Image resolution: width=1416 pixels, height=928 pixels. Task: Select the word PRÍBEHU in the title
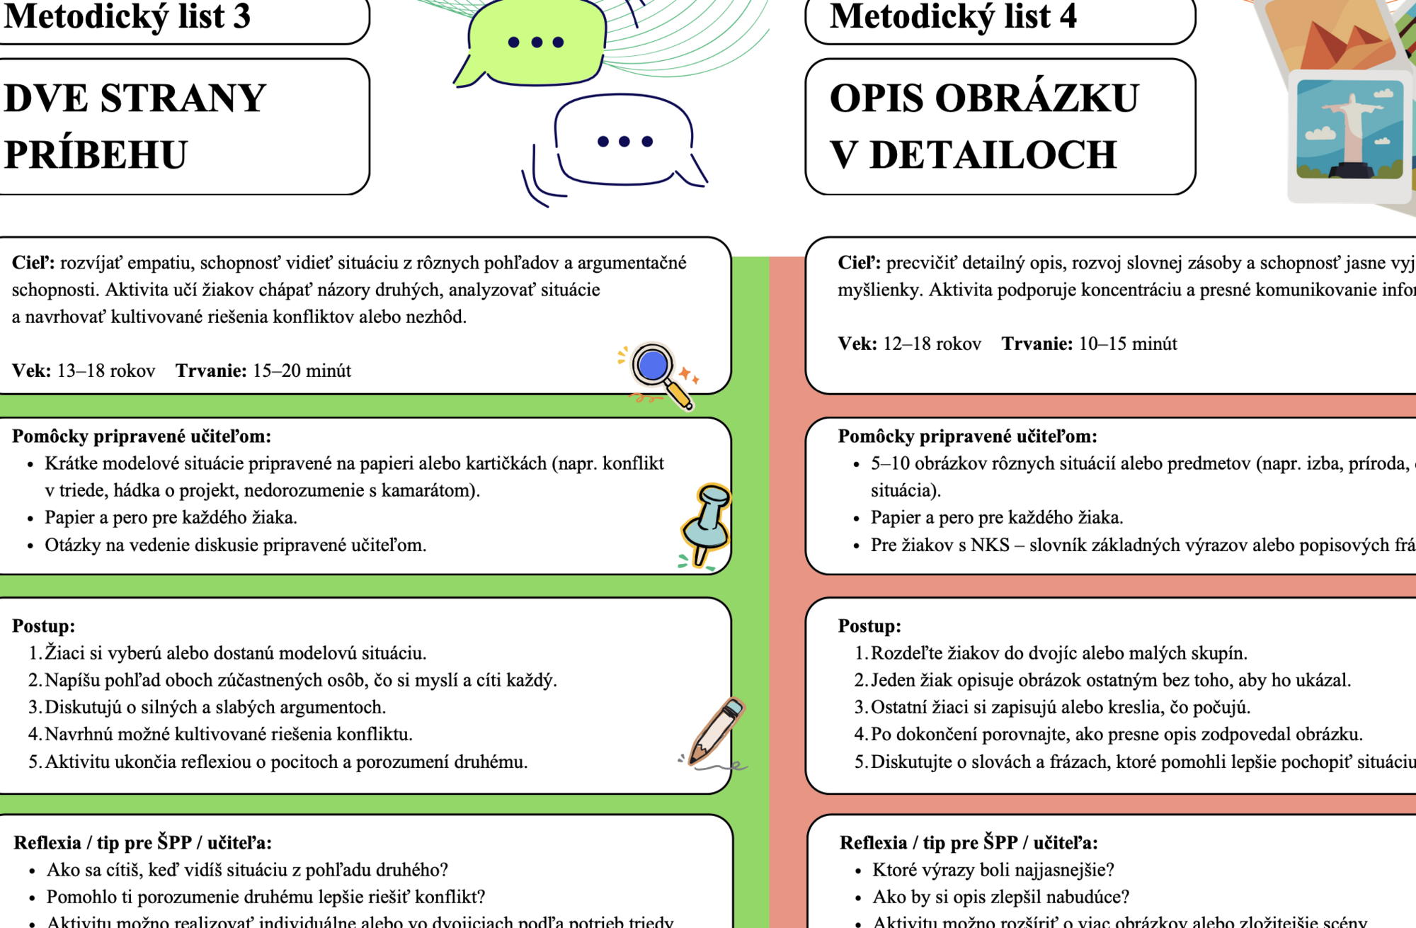[96, 155]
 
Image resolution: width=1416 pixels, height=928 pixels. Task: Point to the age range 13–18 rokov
[105, 371]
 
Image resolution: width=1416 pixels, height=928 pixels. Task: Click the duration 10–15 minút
[1127, 344]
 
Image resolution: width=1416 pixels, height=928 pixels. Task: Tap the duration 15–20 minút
[302, 371]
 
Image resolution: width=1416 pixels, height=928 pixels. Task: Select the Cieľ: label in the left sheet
[33, 264]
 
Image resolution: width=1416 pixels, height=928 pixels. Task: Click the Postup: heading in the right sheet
[869, 626]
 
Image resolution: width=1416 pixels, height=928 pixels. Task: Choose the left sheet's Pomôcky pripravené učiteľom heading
[142, 436]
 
